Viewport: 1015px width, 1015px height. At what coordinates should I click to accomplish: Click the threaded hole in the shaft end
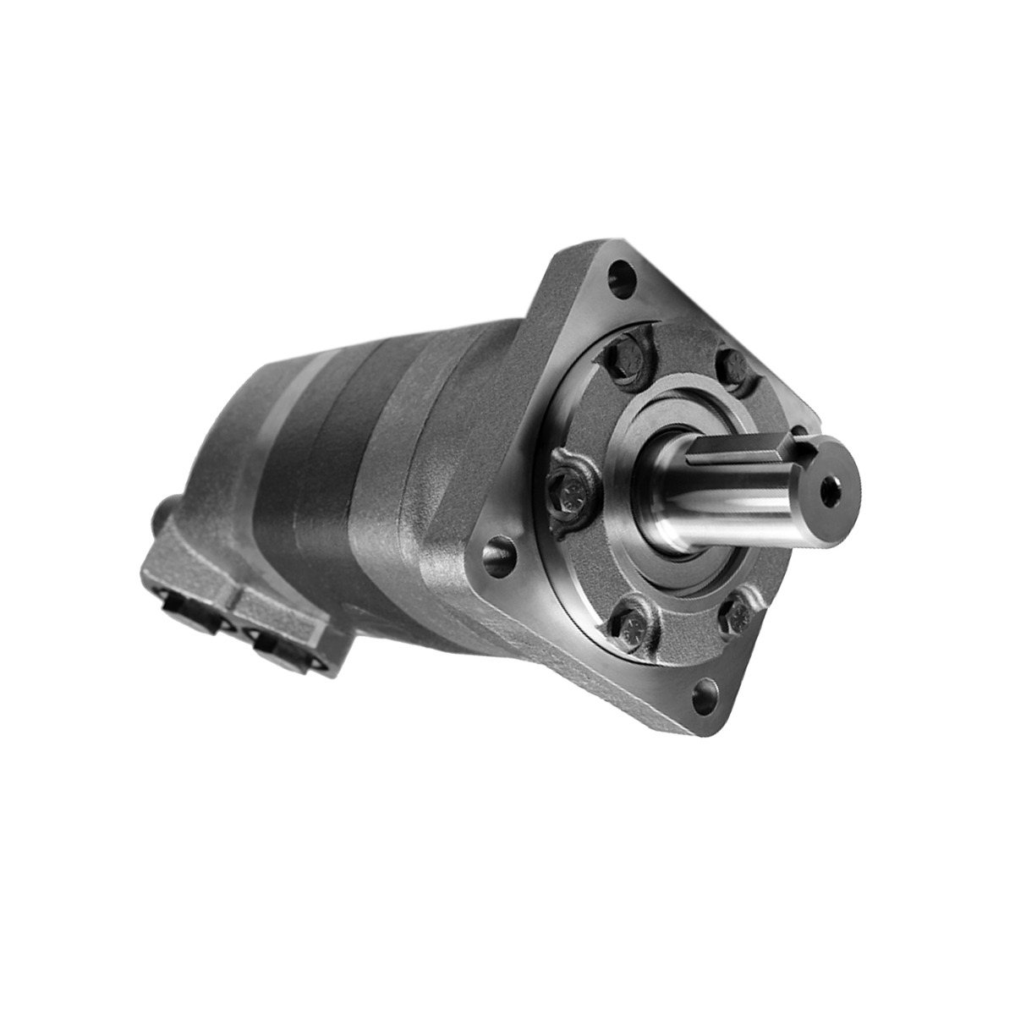(x=831, y=491)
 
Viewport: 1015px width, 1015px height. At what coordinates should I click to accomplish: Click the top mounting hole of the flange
(x=623, y=277)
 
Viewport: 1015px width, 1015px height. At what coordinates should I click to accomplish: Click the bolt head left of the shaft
(x=572, y=490)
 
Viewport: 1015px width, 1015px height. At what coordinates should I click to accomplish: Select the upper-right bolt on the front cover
(x=733, y=365)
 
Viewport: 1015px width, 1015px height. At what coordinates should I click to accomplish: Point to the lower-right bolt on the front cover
(x=736, y=615)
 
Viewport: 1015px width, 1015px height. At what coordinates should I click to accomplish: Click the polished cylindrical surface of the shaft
(x=719, y=507)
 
